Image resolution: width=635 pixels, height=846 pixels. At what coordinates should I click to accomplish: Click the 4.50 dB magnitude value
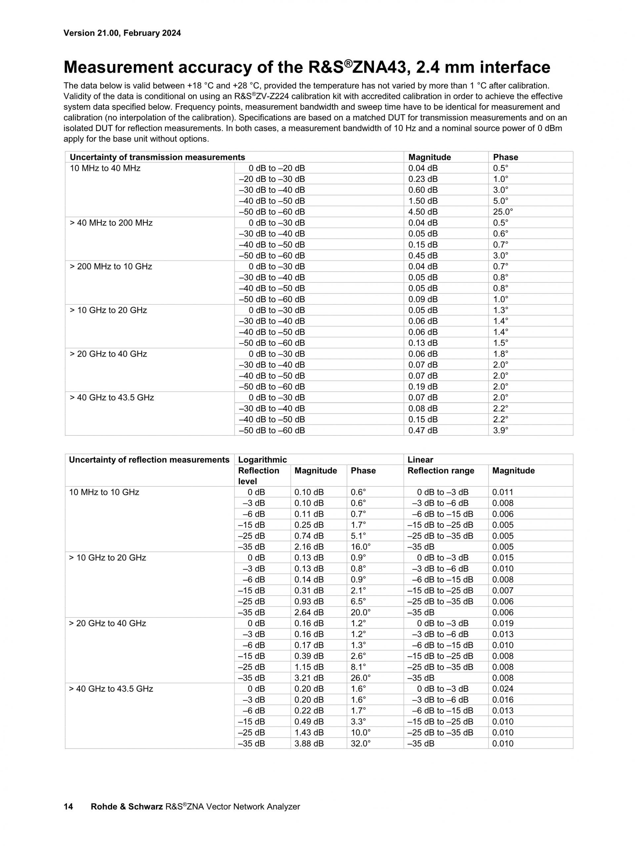[423, 212]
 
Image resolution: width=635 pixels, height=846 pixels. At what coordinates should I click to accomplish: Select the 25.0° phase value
[503, 212]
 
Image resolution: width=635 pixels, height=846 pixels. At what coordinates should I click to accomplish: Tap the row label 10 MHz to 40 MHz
[105, 168]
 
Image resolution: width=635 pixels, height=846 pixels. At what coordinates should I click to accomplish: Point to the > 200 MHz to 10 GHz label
[110, 266]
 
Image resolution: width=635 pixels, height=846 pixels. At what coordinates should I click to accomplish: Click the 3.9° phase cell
[500, 430]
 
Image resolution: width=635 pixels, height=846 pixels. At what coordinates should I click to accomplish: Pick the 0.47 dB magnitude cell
[423, 430]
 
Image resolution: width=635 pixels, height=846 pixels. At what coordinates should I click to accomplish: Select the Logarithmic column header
[262, 460]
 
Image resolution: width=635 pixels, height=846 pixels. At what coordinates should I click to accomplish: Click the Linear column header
[420, 460]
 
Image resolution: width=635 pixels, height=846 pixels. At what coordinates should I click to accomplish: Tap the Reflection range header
[441, 471]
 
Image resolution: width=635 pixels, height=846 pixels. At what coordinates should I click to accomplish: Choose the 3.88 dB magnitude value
[309, 744]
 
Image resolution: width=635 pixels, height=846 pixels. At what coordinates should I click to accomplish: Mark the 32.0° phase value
[360, 744]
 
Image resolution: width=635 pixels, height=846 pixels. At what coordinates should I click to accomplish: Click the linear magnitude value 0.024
[503, 689]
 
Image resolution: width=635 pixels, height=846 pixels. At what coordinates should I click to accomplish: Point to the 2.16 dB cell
[309, 547]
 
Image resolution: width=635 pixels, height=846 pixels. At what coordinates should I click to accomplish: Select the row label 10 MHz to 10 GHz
[104, 492]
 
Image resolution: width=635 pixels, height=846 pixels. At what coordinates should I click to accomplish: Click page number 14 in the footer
[68, 807]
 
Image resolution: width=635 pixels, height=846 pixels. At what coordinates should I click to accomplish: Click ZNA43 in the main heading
[378, 68]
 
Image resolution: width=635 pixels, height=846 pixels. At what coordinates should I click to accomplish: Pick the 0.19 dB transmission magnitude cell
[423, 387]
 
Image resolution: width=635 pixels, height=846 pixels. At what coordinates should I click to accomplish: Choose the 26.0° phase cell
[360, 678]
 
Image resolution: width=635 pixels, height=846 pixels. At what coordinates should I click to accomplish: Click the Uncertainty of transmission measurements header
[157, 157]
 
